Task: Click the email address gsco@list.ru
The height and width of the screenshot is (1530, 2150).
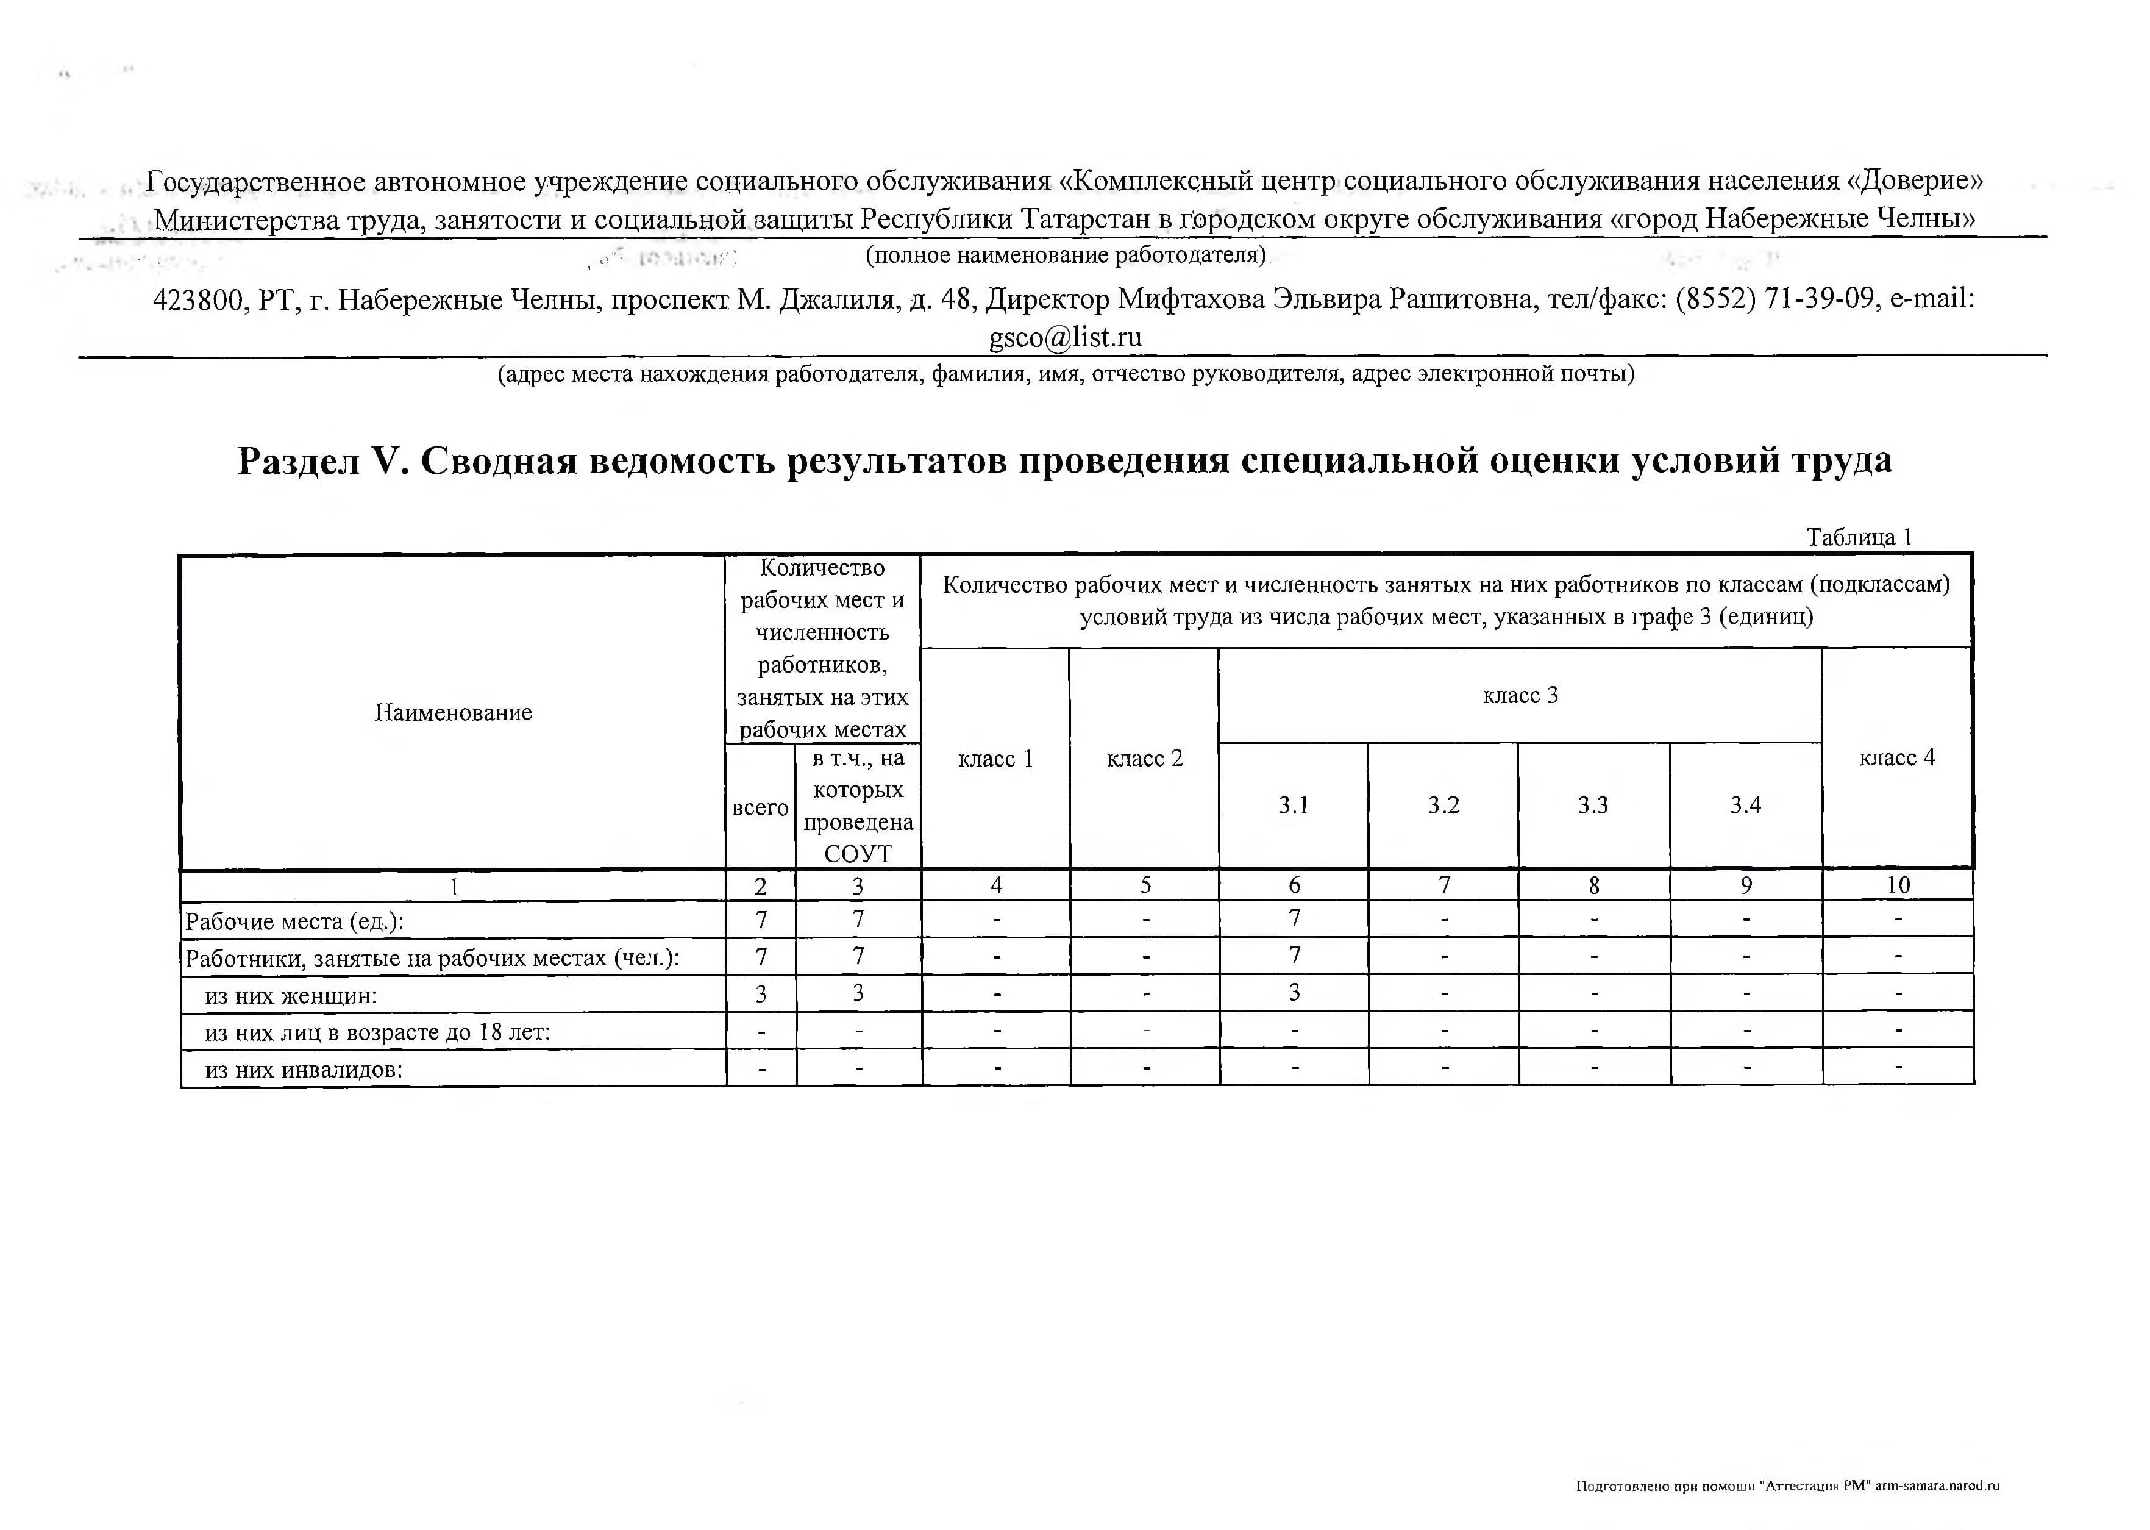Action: [x=1065, y=337]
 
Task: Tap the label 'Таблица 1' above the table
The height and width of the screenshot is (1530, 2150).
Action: [x=1858, y=537]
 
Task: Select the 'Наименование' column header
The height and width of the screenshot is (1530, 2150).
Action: [x=453, y=712]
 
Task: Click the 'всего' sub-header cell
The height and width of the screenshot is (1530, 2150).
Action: [x=760, y=807]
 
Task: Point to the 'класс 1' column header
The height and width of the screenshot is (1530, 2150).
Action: [x=995, y=759]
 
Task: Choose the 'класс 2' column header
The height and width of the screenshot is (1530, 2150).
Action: [x=1144, y=759]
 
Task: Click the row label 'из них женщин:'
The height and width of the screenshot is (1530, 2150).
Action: [x=291, y=995]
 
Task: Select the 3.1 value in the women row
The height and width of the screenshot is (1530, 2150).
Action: [x=1294, y=992]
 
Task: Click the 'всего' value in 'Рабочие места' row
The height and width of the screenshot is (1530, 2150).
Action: [x=761, y=918]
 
